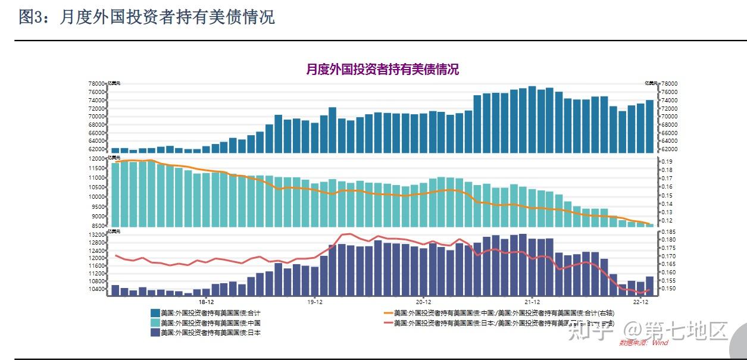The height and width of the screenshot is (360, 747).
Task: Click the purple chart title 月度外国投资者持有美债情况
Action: pos(382,69)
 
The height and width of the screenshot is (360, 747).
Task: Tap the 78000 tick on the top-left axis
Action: pos(96,84)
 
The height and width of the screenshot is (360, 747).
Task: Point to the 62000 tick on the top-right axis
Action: pos(669,149)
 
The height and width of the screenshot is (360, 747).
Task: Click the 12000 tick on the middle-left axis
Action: pos(96,159)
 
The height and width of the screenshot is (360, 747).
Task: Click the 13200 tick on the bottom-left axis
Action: pos(96,235)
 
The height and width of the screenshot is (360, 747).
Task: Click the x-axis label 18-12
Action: pos(207,302)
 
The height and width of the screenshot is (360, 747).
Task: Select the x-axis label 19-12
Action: pos(315,302)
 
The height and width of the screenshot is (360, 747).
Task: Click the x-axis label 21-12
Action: pos(532,302)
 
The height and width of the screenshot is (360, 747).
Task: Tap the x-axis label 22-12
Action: pos(640,302)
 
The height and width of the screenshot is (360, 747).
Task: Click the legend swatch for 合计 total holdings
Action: pos(155,313)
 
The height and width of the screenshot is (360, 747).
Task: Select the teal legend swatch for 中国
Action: pos(155,323)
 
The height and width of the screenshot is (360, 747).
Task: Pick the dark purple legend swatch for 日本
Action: pos(155,333)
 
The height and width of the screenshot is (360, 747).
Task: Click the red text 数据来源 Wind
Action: pos(644,343)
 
